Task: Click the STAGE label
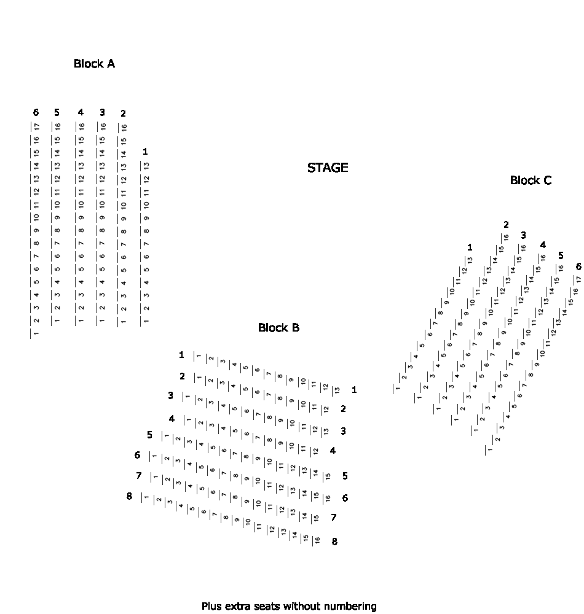pos(328,168)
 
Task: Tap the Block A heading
pos(94,63)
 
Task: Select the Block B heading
pos(278,327)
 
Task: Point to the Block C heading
pos(531,180)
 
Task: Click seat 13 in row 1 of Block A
pos(146,166)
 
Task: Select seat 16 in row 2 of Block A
pos(124,127)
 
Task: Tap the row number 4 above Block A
pos(81,112)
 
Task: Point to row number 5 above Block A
pos(57,112)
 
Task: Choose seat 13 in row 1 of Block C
pos(470,260)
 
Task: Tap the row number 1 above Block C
pos(470,247)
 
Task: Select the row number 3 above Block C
pos(523,235)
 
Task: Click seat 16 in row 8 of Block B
pos(317,541)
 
